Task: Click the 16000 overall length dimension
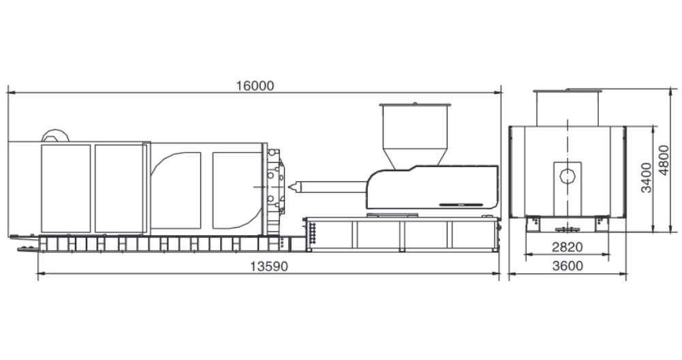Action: coord(255,86)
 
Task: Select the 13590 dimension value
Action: coord(269,266)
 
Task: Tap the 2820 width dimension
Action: coord(567,247)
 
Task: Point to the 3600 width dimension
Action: coord(567,265)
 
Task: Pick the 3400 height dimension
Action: coord(647,177)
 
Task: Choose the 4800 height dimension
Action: coord(664,160)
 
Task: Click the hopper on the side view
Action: coord(415,126)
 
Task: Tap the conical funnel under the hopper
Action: coord(415,160)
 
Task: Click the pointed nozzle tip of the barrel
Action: coord(289,187)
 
